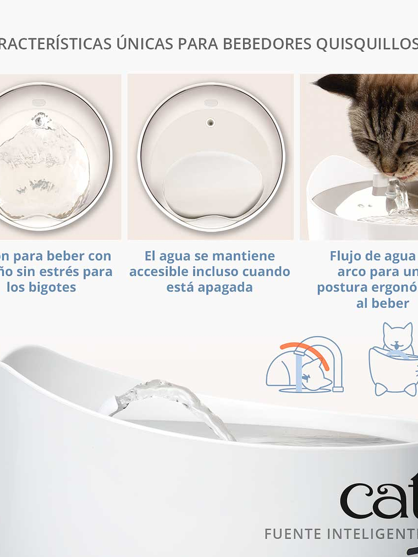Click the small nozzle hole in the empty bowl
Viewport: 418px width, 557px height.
click(x=210, y=123)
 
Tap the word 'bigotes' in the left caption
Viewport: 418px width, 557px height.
click(x=54, y=287)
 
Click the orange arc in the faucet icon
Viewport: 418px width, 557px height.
click(x=305, y=352)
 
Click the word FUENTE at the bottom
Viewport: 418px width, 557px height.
click(x=290, y=533)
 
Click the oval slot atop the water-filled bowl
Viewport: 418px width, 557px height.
click(x=38, y=103)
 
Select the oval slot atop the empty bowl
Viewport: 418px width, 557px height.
click(x=211, y=103)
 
